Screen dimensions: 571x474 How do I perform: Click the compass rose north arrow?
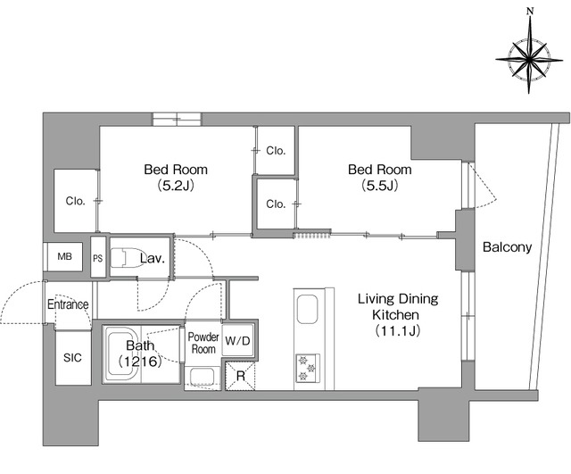coord(530,57)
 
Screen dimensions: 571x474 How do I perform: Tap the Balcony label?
coord(507,247)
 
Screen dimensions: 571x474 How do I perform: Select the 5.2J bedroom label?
coord(176,178)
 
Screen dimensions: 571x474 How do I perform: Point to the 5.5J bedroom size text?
coord(380,186)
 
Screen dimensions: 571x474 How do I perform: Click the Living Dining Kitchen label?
coord(398,314)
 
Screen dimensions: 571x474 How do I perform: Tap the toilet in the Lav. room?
coord(127,258)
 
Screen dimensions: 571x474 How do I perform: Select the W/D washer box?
coord(238,341)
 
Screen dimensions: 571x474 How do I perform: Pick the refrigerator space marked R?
coord(240,376)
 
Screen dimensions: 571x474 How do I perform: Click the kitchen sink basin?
coord(308,310)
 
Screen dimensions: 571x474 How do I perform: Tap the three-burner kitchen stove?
coord(308,368)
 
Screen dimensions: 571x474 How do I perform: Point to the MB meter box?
coord(65,256)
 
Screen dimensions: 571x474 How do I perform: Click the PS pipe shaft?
coord(97,258)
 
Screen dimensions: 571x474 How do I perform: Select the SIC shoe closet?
coord(73,358)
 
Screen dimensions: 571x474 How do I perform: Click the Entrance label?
coord(68,304)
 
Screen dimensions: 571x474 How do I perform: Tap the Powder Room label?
coord(203,343)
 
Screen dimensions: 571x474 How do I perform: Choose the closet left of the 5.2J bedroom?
coord(75,200)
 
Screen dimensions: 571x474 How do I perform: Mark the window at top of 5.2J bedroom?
coord(177,120)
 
